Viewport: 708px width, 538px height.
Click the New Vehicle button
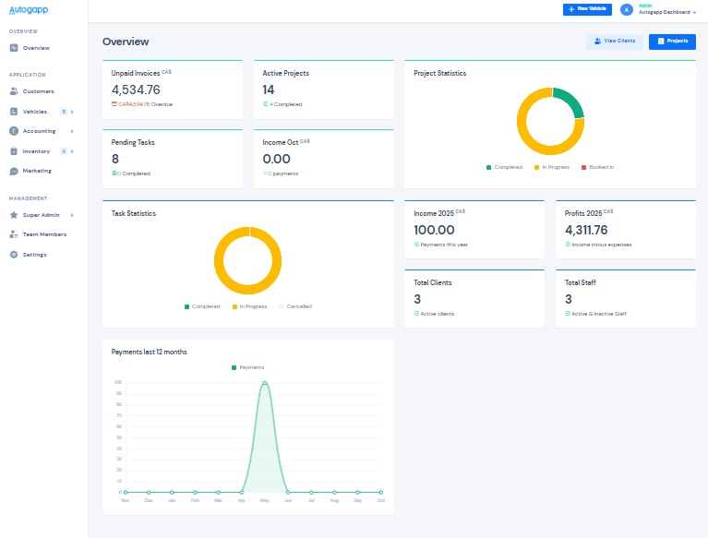pyautogui.click(x=586, y=9)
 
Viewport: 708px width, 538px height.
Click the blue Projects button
pyautogui.click(x=672, y=42)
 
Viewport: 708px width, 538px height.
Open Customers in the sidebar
pyautogui.click(x=38, y=91)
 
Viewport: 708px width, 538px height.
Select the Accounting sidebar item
pyautogui.click(x=39, y=131)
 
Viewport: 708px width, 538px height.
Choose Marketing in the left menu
pyautogui.click(x=37, y=171)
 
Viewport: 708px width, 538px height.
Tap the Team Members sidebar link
pyautogui.click(x=44, y=234)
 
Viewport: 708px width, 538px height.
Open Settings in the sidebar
pyautogui.click(x=34, y=255)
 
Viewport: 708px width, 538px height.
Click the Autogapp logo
pyautogui.click(x=29, y=10)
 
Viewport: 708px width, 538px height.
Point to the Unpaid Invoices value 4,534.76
pyautogui.click(x=136, y=90)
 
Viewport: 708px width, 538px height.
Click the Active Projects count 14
pyautogui.click(x=269, y=90)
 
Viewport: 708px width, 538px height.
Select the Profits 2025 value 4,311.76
pyautogui.click(x=586, y=230)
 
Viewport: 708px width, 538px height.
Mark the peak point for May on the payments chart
pyautogui.click(x=265, y=382)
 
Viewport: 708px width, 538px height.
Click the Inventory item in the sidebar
pyautogui.click(x=36, y=151)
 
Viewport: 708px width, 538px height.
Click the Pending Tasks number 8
pyautogui.click(x=115, y=159)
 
